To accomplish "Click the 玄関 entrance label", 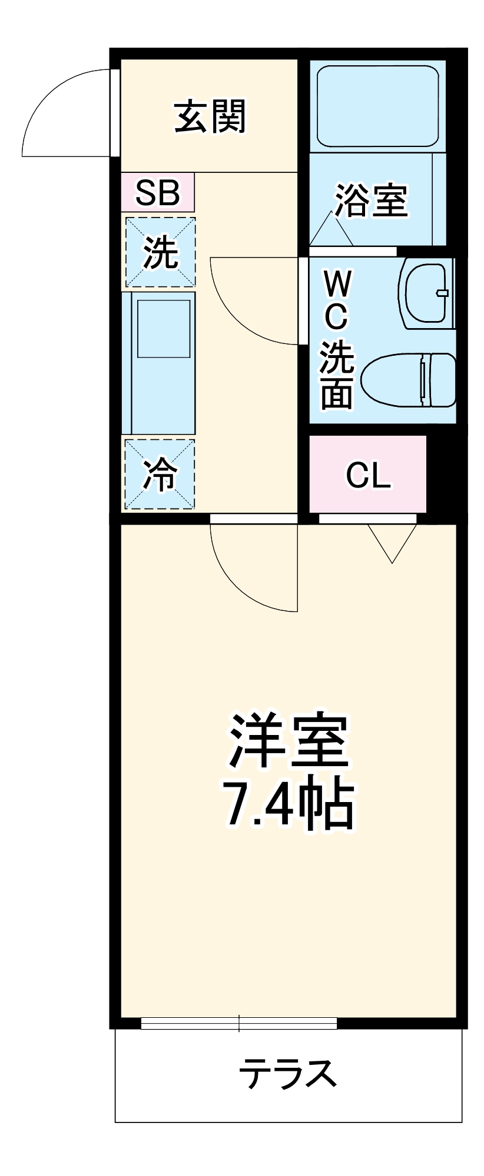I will pos(210,116).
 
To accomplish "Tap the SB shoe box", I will pos(157,192).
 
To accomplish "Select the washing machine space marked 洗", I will pos(160,252).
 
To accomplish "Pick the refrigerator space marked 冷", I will pos(160,475).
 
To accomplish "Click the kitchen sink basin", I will pos(164,328).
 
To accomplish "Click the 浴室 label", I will pos(371,201).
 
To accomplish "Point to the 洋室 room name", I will pos(288,740).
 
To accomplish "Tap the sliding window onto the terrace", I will pos(238,1023).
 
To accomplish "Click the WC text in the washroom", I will pos(337,302).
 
